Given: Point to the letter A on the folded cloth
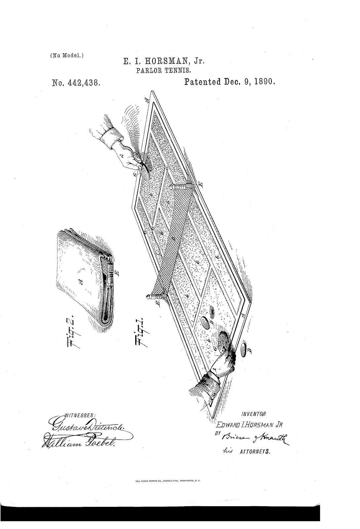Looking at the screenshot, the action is [x=81, y=282].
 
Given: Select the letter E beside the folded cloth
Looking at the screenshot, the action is [x=118, y=273].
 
